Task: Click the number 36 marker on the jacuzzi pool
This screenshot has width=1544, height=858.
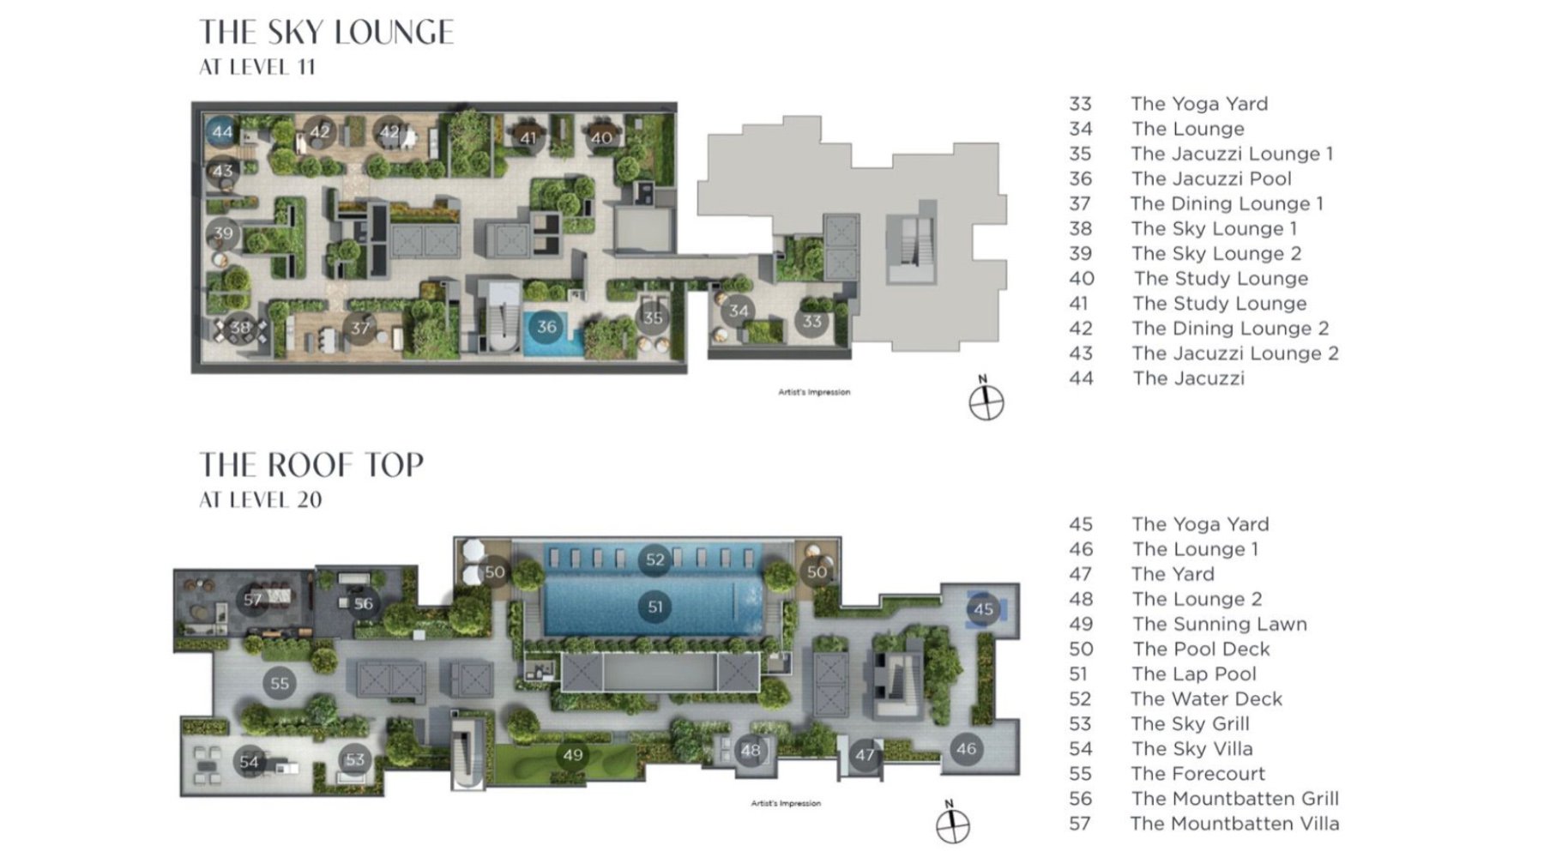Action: (546, 326)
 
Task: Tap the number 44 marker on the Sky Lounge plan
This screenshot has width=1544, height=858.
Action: (222, 131)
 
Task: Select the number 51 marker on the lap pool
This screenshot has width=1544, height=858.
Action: (655, 607)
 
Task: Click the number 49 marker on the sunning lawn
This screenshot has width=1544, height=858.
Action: (572, 755)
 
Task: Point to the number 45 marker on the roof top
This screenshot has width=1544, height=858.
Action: (983, 609)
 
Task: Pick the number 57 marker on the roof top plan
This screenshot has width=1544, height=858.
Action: (252, 599)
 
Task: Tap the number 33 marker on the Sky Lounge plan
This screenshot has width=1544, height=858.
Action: (811, 322)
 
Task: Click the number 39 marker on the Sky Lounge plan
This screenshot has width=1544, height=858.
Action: (223, 233)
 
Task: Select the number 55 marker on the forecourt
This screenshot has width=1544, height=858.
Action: (280, 684)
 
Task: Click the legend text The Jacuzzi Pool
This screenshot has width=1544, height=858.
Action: (1211, 178)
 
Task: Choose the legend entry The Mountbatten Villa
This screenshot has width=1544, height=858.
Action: (1234, 824)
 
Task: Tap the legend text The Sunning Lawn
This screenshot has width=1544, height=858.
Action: (1219, 624)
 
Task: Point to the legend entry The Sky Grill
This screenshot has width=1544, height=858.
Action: (1190, 723)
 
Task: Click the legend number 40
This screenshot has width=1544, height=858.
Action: (1081, 278)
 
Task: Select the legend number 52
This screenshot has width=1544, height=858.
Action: (1081, 698)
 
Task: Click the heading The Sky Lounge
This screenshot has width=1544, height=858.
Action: (327, 33)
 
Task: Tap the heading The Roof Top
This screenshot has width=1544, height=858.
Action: (311, 465)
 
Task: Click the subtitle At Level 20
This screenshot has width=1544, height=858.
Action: (261, 499)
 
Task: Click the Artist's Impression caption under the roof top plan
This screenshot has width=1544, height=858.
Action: (786, 803)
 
